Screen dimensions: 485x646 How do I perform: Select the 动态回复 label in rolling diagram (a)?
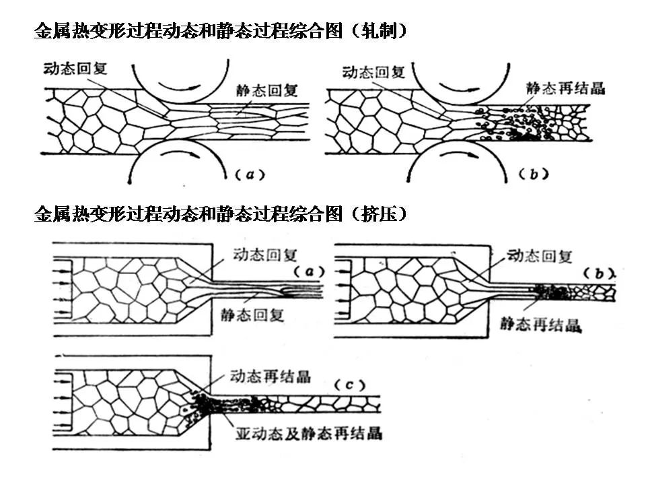click(75, 69)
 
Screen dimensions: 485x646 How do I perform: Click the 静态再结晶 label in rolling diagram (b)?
click(567, 89)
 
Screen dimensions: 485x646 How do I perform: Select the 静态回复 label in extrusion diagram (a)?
click(252, 315)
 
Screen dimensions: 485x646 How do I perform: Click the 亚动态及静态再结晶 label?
click(309, 432)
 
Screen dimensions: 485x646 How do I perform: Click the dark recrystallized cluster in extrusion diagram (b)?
click(549, 292)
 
